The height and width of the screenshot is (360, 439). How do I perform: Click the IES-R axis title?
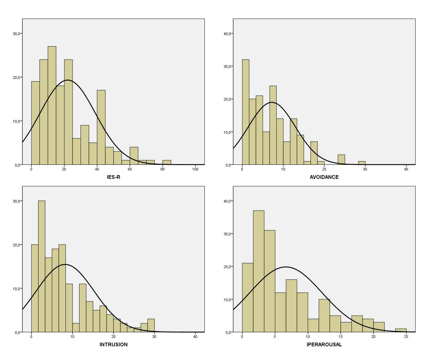[x=113, y=177]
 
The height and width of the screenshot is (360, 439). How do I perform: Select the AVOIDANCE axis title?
[x=324, y=177]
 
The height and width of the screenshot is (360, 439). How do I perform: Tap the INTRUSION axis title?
[x=113, y=345]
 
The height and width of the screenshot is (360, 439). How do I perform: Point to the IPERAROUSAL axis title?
[x=324, y=345]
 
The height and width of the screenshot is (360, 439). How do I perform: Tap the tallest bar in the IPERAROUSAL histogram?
[x=259, y=271]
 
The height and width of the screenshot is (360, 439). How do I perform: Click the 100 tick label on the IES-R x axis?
[x=195, y=169]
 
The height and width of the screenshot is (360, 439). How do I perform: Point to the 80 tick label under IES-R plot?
[x=162, y=169]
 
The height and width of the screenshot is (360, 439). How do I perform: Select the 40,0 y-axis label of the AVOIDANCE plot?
[x=228, y=34]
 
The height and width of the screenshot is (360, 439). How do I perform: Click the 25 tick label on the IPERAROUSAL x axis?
[x=406, y=337]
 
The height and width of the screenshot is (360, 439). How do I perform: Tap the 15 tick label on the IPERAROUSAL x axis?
[x=340, y=337]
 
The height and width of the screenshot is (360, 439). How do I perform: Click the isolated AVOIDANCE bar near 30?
[x=362, y=163]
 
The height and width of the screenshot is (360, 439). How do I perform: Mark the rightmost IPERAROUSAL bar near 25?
[x=401, y=331]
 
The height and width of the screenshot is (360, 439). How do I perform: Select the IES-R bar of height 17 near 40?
[x=101, y=127]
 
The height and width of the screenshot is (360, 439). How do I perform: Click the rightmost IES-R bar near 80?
[x=167, y=162]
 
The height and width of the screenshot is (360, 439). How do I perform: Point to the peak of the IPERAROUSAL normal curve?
[x=286, y=267]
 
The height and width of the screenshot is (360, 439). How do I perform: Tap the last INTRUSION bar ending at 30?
[x=151, y=326]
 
